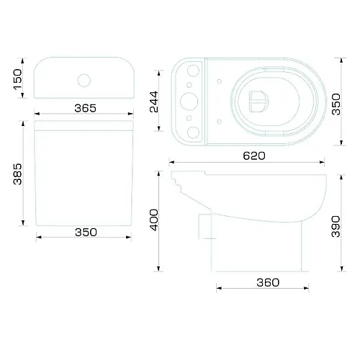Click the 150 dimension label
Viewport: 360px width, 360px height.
pyautogui.click(x=17, y=79)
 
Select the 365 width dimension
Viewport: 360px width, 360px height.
pyautogui.click(x=85, y=108)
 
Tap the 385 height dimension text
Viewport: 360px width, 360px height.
pyautogui.click(x=17, y=174)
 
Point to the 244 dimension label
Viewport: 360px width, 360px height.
pyautogui.click(x=153, y=102)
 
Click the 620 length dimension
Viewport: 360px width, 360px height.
pyautogui.click(x=254, y=156)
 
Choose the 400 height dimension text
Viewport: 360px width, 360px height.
pyautogui.click(x=154, y=220)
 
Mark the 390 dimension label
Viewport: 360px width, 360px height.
pyautogui.click(x=336, y=227)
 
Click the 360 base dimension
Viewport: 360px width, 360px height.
pyautogui.click(x=268, y=282)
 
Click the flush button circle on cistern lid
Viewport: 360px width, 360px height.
pyautogui.click(x=84, y=81)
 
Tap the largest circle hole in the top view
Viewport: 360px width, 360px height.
pyautogui.click(x=189, y=102)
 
